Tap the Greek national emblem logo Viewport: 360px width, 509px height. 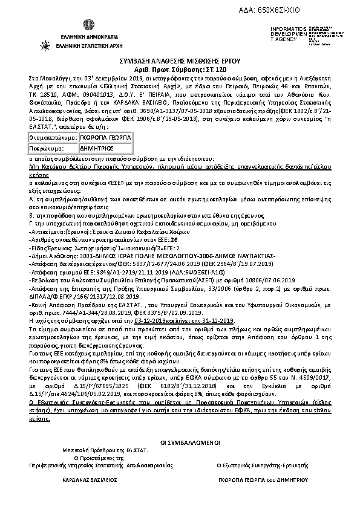(x=71, y=24)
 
